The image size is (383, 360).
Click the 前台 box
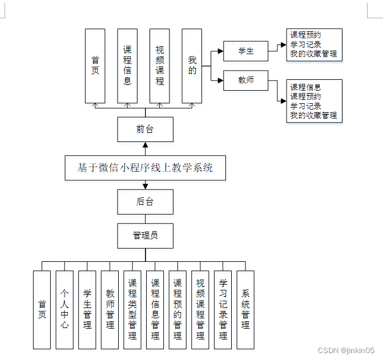pyautogui.click(x=145, y=129)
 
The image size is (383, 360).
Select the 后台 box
pyautogui.click(x=145, y=201)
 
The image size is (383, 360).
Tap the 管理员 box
pyautogui.click(x=145, y=235)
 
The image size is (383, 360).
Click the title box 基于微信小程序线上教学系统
pyautogui.click(x=145, y=168)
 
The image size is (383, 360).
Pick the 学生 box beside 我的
pyautogui.click(x=245, y=51)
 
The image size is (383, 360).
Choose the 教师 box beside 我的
pyautogui.click(x=245, y=80)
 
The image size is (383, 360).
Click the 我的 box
pyautogui.click(x=192, y=66)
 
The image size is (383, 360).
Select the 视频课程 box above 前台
pyautogui.click(x=160, y=66)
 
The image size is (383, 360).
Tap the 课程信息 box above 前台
pyautogui.click(x=127, y=66)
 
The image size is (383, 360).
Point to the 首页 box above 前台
pyautogui.click(x=95, y=66)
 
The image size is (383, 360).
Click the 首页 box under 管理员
pyautogui.click(x=42, y=309)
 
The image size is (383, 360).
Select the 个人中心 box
pyautogui.click(x=64, y=309)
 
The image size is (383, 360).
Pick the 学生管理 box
pyautogui.click(x=87, y=309)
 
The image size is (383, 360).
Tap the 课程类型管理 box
pyautogui.click(x=132, y=309)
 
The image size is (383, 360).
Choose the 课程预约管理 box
pyautogui.click(x=178, y=309)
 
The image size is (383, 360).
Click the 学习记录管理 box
pyautogui.click(x=223, y=309)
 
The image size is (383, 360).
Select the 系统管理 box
pyautogui.click(x=245, y=309)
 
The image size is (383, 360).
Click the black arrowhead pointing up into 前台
pyautogui.click(x=145, y=145)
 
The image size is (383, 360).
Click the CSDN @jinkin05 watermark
pyautogui.click(x=346, y=350)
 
